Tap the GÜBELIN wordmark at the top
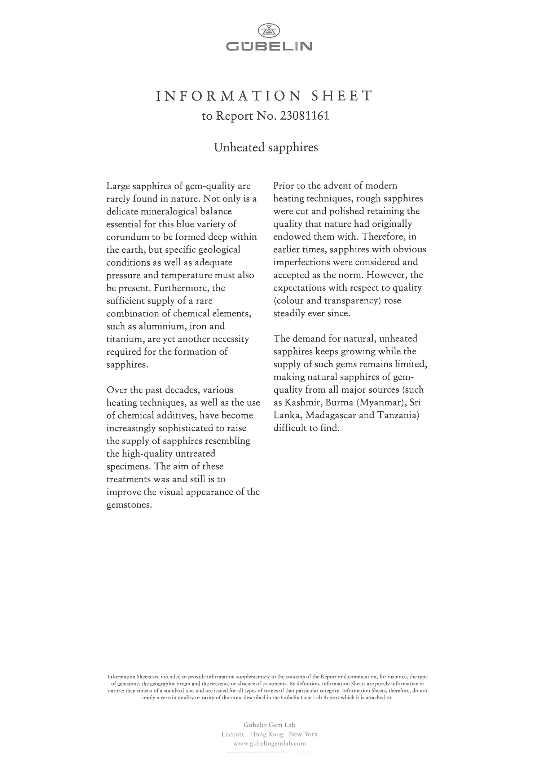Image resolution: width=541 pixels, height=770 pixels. point(269,47)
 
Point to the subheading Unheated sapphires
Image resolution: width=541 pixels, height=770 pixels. point(266,147)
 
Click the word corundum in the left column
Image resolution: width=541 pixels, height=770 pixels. point(127,237)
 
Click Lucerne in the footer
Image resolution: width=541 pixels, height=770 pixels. point(233,734)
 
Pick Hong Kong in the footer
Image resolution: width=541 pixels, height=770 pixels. point(267,734)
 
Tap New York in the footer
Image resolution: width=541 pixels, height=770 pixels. point(303,734)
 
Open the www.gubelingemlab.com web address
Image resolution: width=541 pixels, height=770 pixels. point(269,743)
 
